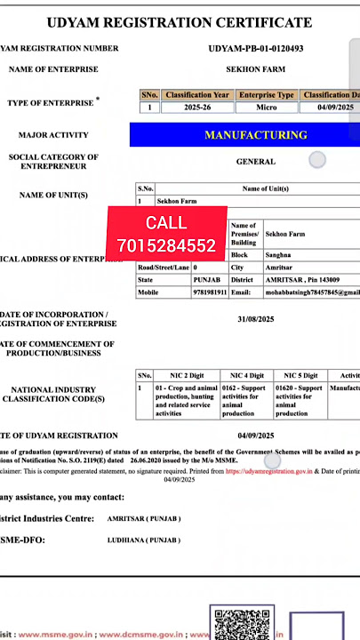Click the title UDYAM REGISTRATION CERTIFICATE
coord(180,22)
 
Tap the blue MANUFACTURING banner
coord(255,135)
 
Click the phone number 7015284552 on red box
coord(166,244)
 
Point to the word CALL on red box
coord(166,223)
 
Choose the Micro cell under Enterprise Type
coord(266,108)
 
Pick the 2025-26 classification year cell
coord(196,108)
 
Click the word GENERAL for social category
coord(255,162)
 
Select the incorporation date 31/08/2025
coord(255,318)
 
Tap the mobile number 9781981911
coord(210,292)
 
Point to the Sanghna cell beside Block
coord(279,254)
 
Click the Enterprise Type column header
coord(267,95)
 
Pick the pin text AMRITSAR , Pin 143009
coord(302,279)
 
